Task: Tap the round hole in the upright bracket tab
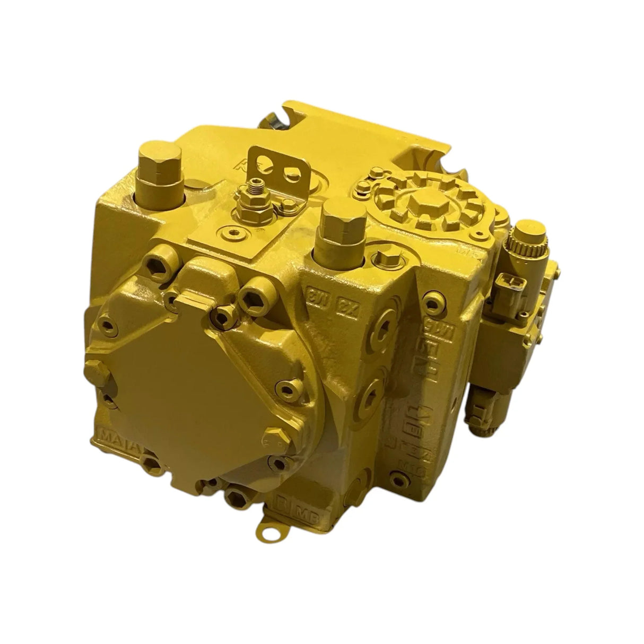tap(289, 172)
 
